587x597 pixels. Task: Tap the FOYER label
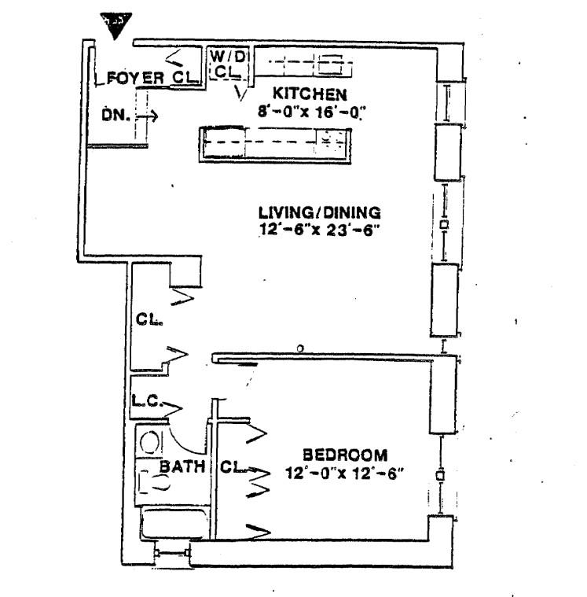coord(136,78)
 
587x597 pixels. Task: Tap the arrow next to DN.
coord(149,116)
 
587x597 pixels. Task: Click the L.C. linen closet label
coord(147,401)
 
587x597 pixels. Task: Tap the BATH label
coord(182,466)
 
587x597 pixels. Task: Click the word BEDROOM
coord(345,455)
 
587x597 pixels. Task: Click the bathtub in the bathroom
coord(173,524)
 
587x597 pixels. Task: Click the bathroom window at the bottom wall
coord(173,553)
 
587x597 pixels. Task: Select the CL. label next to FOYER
coord(184,78)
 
